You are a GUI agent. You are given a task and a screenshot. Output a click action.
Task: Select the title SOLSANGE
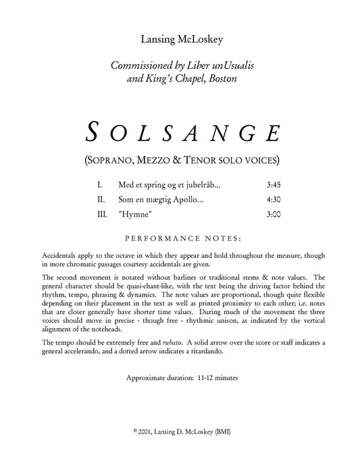[x=180, y=132]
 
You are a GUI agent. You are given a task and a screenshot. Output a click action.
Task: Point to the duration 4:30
[x=276, y=201]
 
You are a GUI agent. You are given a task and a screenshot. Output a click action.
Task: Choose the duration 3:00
[x=276, y=217]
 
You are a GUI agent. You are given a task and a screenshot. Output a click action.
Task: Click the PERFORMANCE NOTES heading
[x=180, y=240]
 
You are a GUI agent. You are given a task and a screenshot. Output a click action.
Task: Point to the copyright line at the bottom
[x=180, y=430]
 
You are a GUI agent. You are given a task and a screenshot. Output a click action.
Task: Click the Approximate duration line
[x=180, y=376]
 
